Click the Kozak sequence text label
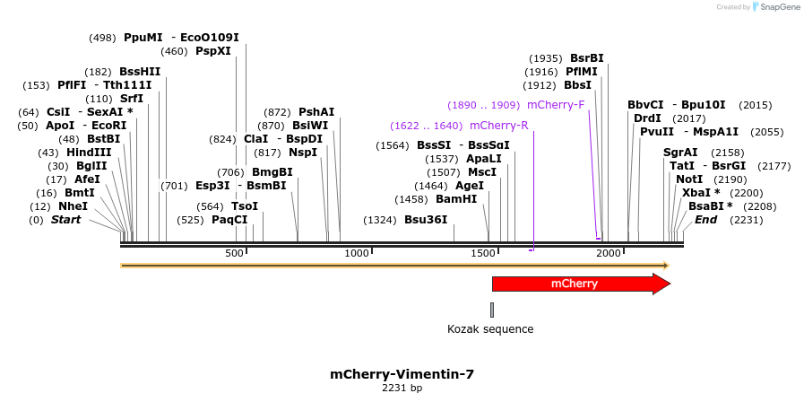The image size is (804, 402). click(x=490, y=329)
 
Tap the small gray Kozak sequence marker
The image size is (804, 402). click(x=492, y=310)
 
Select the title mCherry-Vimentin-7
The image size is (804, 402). click(x=402, y=374)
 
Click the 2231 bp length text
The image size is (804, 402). click(x=402, y=389)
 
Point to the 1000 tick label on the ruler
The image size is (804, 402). click(x=357, y=254)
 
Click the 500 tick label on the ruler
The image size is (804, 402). click(x=234, y=254)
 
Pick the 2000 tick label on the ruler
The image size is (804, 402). click(x=609, y=254)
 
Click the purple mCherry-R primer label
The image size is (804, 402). click(x=498, y=126)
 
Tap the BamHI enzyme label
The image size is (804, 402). click(x=456, y=199)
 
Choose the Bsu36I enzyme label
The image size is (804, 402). click(x=426, y=220)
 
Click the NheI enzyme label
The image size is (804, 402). click(x=73, y=206)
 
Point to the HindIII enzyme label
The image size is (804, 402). click(x=88, y=153)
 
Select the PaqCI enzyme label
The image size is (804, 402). click(x=229, y=220)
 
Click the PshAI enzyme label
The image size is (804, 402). click(x=316, y=112)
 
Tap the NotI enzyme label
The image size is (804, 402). click(x=690, y=179)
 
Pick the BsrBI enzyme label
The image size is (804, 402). click(x=587, y=58)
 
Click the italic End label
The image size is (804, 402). click(x=706, y=220)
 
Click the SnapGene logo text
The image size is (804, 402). click(x=777, y=7)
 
